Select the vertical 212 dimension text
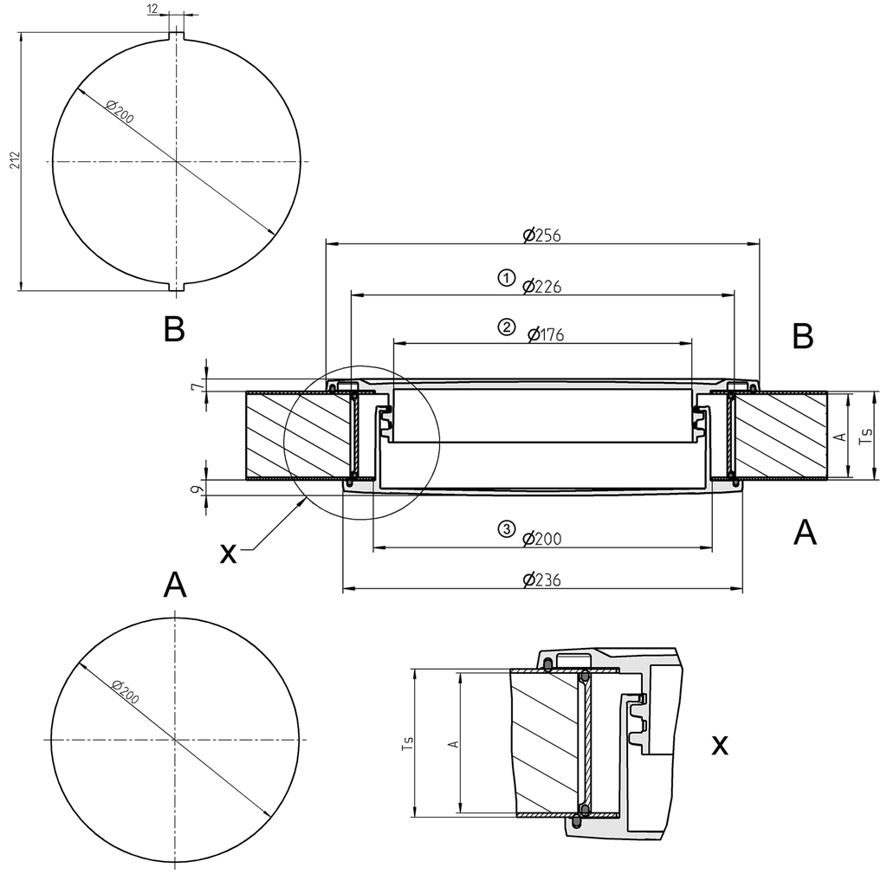coord(16,161)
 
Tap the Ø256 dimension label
coord(542,235)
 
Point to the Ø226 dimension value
coord(542,286)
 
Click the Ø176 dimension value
coord(545,334)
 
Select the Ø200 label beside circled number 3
coord(542,539)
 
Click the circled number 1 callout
coord(505,278)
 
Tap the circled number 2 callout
coord(506,327)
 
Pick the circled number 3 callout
coord(506,530)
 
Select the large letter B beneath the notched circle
coord(174,329)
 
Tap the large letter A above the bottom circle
coord(174,586)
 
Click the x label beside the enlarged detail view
coord(719,745)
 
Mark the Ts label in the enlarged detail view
coord(407,742)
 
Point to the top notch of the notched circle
coord(177,36)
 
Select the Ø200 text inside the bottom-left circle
coord(126,690)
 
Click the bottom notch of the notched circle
coord(177,287)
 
